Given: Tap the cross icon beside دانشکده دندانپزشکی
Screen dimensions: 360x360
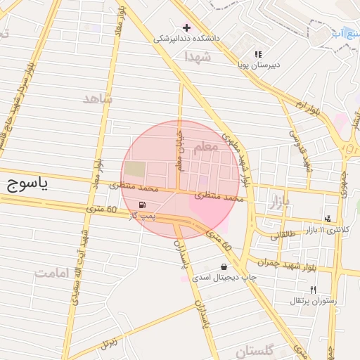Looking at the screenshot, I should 186,27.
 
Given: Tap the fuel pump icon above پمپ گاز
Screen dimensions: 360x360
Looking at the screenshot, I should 143,205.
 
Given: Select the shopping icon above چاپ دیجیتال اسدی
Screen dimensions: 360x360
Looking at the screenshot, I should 224,267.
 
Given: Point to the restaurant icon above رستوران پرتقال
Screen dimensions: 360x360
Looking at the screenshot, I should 313,290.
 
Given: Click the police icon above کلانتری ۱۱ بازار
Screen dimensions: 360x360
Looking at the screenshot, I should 327,219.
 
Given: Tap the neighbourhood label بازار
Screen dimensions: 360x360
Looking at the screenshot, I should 284,204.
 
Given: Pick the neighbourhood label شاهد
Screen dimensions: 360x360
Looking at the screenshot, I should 97,98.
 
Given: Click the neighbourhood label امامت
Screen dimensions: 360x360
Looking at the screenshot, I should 52,271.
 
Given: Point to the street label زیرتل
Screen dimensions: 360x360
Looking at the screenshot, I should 108,343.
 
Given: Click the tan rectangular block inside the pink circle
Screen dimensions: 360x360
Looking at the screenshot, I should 136,169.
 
